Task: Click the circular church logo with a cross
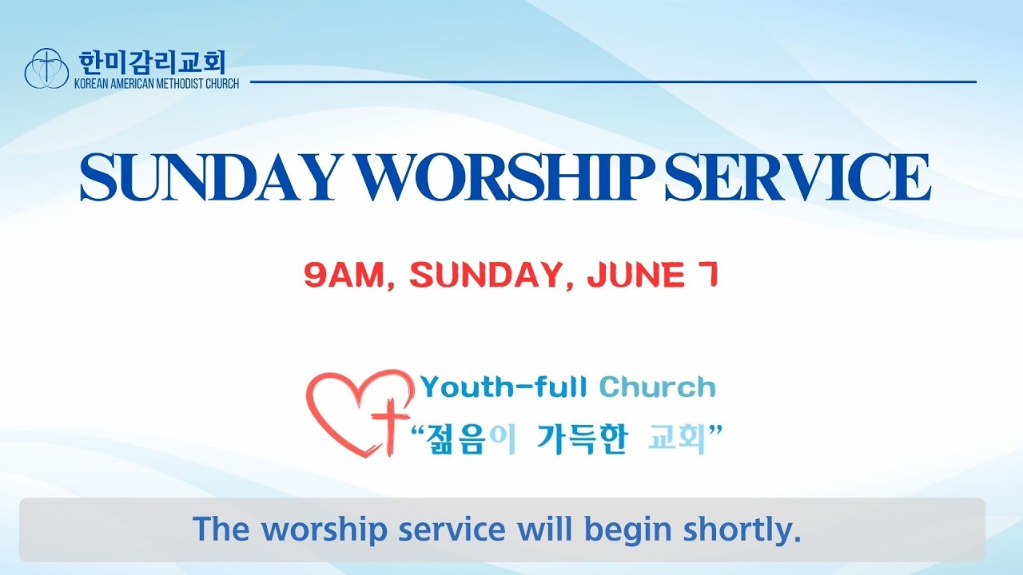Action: (x=46, y=68)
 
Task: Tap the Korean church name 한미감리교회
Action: (x=153, y=63)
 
